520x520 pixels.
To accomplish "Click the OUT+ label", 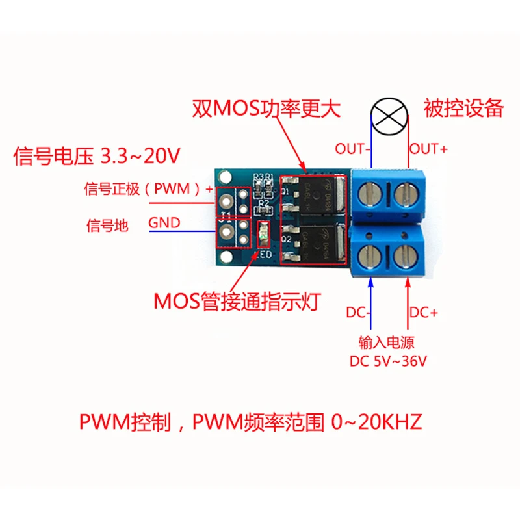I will click(428, 149).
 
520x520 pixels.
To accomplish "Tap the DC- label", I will click(356, 313).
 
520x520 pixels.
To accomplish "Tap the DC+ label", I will click(424, 313).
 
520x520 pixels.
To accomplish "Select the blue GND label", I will click(164, 223).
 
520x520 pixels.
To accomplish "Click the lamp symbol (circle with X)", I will click(389, 115).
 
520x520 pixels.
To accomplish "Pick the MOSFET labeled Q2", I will click(317, 241).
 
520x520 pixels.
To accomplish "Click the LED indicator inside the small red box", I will click(264, 234).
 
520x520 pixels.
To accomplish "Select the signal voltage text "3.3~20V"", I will click(140, 157).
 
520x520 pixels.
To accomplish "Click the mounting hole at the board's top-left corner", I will click(225, 175).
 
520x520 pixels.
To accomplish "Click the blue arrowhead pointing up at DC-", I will click(371, 281).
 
